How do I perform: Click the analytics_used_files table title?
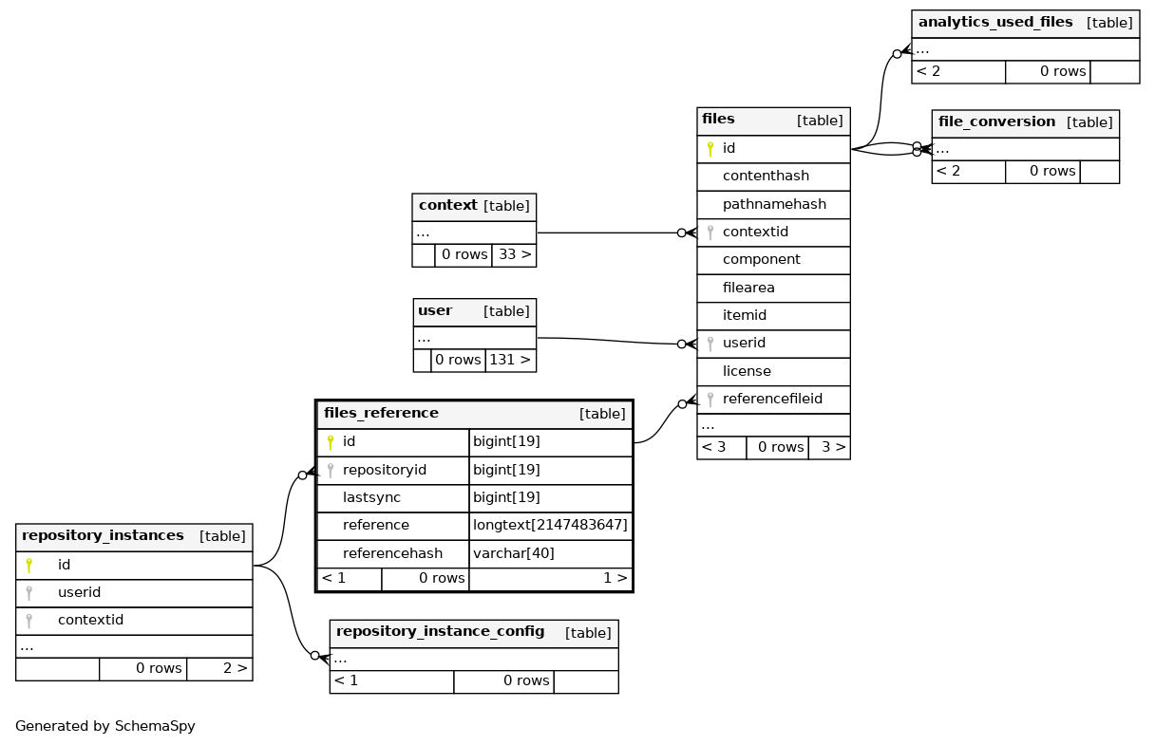point(995,22)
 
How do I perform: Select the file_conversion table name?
point(996,121)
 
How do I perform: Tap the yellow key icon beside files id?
point(710,149)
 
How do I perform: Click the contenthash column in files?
point(766,177)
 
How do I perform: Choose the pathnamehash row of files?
point(774,205)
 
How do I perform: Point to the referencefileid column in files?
point(772,399)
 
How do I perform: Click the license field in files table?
point(747,371)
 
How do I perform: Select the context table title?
point(447,205)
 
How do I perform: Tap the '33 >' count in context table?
point(515,254)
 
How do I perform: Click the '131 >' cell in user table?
point(510,360)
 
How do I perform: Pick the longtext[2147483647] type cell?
point(550,525)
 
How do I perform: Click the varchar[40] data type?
point(514,553)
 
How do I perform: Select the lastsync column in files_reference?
point(371,497)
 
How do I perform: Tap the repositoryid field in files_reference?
point(384,470)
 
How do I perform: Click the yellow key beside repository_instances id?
point(28,566)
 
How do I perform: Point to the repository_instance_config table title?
point(440,631)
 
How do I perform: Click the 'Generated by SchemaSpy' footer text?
point(105,726)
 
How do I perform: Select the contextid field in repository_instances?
point(90,620)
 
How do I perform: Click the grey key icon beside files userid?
point(710,344)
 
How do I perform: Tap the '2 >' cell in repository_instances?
point(236,668)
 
